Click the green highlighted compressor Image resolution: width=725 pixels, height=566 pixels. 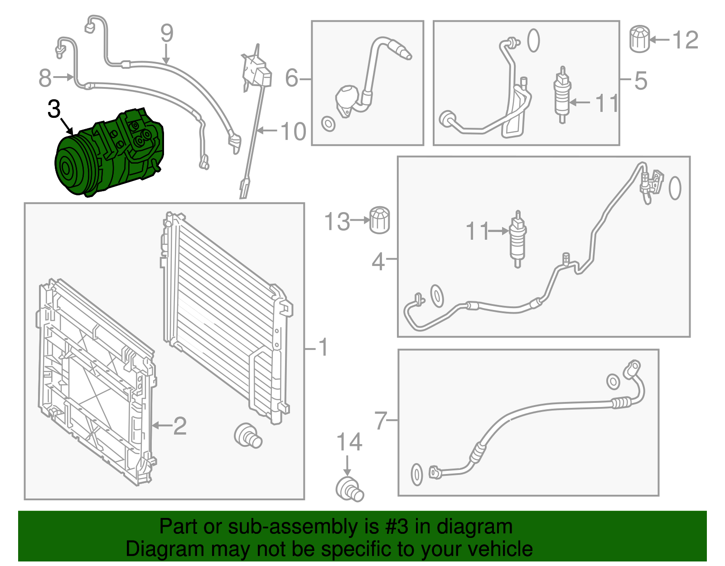pyautogui.click(x=109, y=154)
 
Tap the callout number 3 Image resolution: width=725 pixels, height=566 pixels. pyautogui.click(x=54, y=109)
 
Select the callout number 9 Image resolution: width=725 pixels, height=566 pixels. pyautogui.click(x=167, y=34)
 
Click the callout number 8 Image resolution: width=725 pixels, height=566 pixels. pyautogui.click(x=45, y=78)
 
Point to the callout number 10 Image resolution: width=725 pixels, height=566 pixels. pyautogui.click(x=293, y=131)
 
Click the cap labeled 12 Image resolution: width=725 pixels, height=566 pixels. pyautogui.click(x=639, y=39)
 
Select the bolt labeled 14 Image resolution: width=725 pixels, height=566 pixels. pyautogui.click(x=350, y=489)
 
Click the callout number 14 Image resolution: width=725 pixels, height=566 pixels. pyautogui.click(x=349, y=442)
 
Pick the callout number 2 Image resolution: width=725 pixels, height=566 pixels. pyautogui.click(x=180, y=426)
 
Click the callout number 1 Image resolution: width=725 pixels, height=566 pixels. pyautogui.click(x=323, y=348)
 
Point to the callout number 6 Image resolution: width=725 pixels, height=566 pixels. pyautogui.click(x=292, y=78)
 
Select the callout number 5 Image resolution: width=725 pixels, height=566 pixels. pyautogui.click(x=640, y=80)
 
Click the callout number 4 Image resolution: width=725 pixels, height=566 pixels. pyautogui.click(x=378, y=262)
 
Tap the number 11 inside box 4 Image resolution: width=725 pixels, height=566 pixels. pyautogui.click(x=478, y=231)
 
